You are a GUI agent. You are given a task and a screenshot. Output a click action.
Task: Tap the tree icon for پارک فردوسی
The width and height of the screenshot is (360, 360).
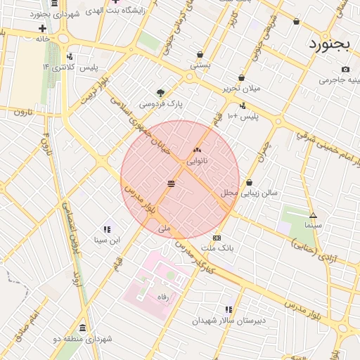click(161, 92)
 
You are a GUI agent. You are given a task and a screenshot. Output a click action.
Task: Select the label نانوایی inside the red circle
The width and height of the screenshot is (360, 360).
click(196, 161)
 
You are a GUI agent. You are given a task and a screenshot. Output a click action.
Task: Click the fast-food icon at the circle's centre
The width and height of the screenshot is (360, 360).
click(172, 184)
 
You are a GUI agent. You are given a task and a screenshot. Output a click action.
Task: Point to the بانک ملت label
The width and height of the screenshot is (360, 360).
click(217, 248)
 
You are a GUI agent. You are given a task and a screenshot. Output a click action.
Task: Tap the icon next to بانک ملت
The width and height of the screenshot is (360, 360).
click(217, 238)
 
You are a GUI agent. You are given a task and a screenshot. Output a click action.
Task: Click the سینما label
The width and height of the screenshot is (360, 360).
click(313, 226)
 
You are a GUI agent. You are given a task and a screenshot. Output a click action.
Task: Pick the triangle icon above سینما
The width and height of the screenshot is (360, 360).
click(313, 215)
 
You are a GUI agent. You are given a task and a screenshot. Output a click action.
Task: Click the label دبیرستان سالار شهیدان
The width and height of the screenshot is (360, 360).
click(229, 321)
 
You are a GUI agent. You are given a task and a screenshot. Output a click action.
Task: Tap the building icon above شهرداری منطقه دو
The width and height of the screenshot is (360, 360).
click(83, 328)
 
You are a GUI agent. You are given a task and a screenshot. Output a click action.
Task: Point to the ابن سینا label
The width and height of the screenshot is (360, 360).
click(108, 240)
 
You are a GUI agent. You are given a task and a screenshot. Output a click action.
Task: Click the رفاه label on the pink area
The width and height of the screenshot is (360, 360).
click(163, 296)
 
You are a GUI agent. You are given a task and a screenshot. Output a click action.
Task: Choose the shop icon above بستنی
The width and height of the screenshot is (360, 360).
click(200, 54)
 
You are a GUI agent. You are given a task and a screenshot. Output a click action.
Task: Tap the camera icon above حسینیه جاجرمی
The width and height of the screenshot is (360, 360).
click(345, 69)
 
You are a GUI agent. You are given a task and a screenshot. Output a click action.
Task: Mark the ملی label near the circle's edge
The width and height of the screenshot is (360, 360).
click(164, 229)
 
